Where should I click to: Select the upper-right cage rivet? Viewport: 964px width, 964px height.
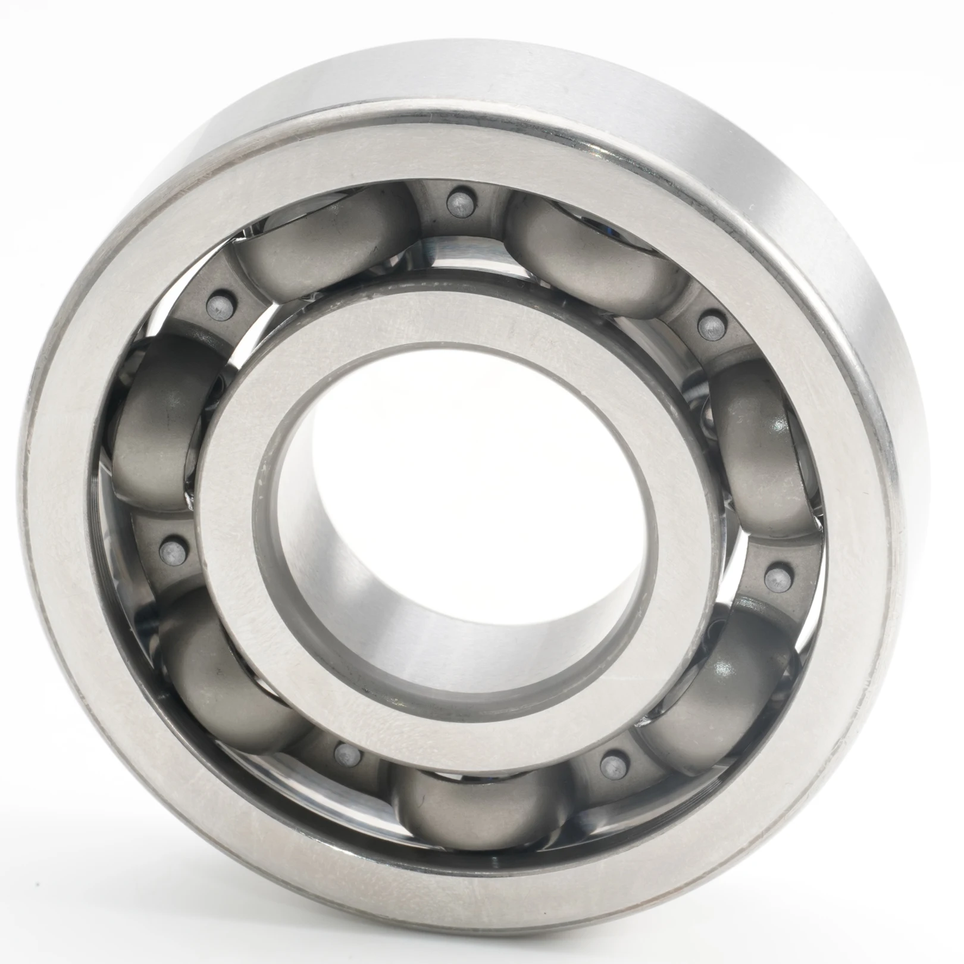[x=709, y=325]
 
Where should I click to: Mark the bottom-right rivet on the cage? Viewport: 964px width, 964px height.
[x=609, y=761]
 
